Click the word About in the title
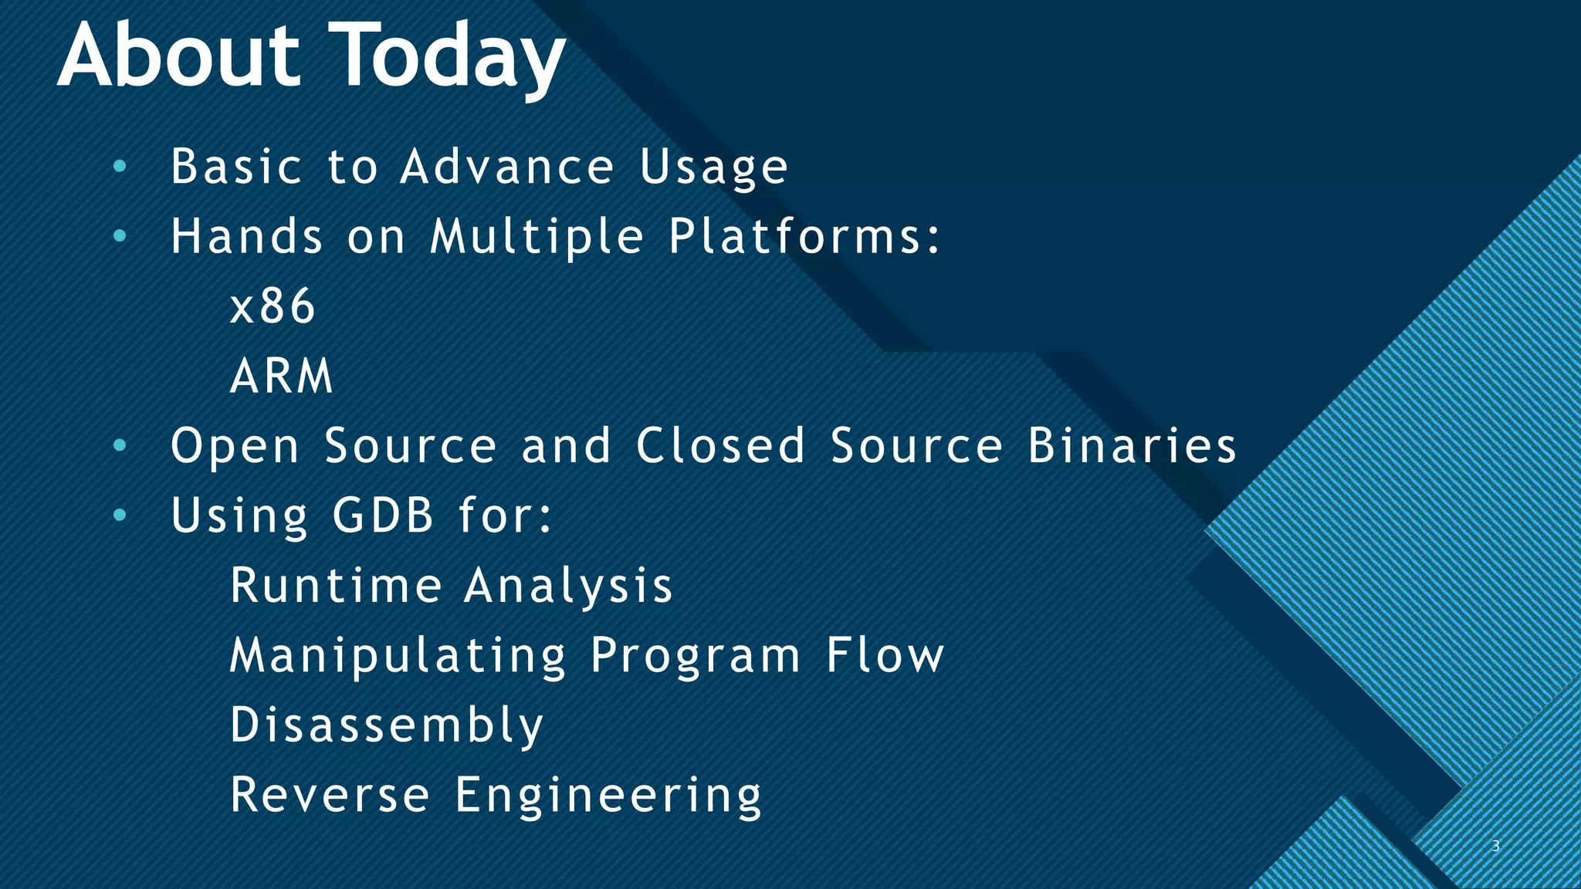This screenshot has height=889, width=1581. [179, 56]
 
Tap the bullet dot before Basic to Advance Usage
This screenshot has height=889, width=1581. [119, 166]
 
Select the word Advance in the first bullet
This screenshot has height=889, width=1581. [507, 166]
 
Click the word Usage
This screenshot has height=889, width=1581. [713, 167]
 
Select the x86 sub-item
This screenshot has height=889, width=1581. [273, 306]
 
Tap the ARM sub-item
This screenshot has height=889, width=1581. [282, 376]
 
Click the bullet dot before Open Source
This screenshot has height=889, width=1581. [119, 445]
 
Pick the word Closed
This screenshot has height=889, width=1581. [721, 445]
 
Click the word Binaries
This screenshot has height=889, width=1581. [1132, 445]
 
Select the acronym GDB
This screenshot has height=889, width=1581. [383, 515]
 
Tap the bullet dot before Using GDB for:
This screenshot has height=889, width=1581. [119, 515]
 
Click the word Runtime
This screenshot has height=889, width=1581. [336, 585]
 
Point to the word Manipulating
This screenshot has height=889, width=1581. [398, 656]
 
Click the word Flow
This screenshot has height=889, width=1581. [885, 655]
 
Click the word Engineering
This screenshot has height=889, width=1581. [608, 796]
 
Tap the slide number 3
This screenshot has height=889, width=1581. [1495, 846]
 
